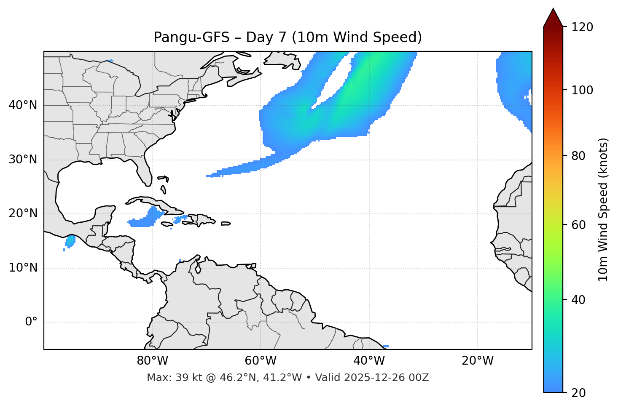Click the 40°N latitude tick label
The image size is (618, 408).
point(23,105)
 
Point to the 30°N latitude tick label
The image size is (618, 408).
point(23,160)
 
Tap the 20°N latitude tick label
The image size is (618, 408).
point(23,213)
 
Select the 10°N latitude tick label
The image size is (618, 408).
point(23,268)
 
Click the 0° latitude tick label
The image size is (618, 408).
point(31,322)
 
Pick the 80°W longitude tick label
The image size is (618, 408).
point(152,361)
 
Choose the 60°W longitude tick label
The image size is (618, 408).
point(261,361)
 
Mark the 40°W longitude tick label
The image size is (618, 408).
point(369,361)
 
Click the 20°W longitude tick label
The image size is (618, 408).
point(478,361)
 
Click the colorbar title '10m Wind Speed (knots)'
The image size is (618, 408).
point(604,209)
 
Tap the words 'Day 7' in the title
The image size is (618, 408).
point(266,37)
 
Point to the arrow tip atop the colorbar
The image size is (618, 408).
point(553,9)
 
